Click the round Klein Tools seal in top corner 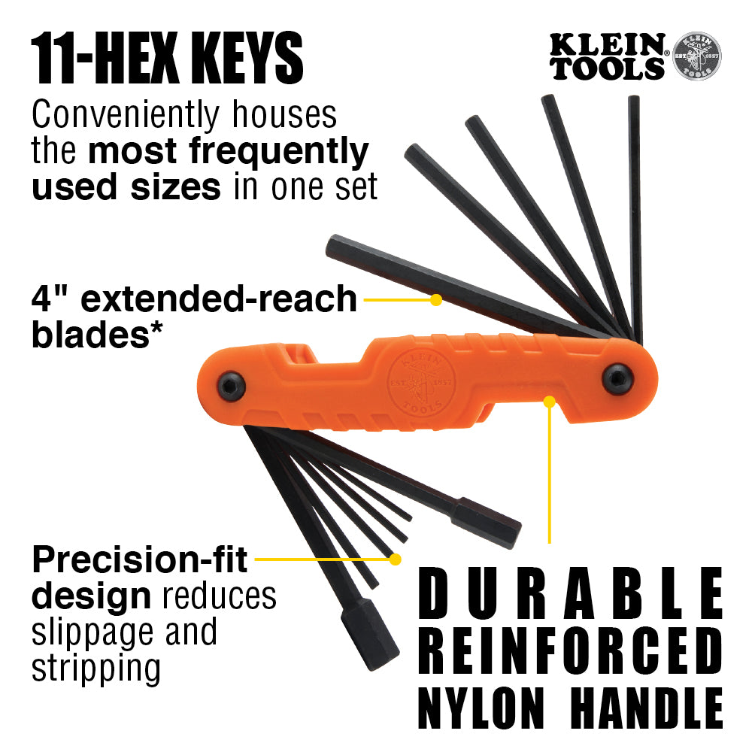(x=696, y=56)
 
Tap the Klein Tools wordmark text (x=608, y=57)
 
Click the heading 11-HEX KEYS (x=167, y=59)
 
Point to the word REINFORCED (x=571, y=650)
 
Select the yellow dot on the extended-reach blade (x=435, y=299)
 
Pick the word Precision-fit (x=141, y=560)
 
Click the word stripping (x=96, y=668)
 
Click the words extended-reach (x=218, y=299)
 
